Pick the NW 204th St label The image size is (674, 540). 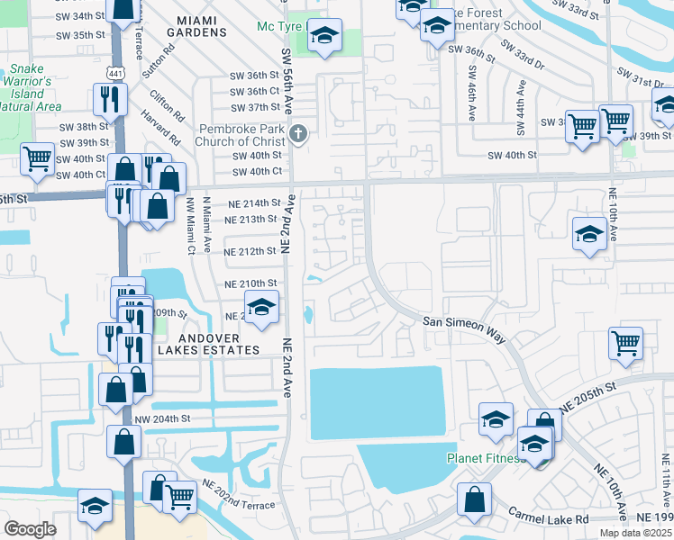coord(164,418)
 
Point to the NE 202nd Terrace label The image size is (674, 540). coord(238,494)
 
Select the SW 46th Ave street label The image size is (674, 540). coord(471,99)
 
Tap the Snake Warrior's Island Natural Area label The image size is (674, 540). coord(31,87)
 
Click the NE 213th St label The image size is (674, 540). coord(250,219)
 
